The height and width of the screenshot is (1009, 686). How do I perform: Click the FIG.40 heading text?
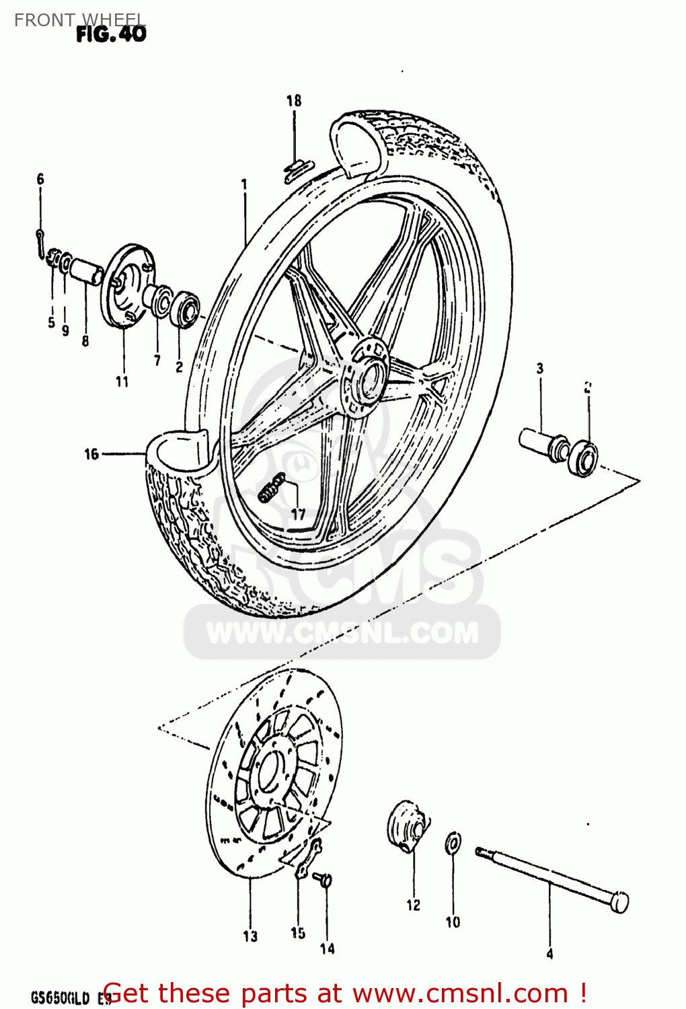[x=111, y=34]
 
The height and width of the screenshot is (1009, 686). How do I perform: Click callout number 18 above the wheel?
[x=294, y=101]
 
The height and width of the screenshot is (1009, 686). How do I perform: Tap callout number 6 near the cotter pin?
[x=40, y=179]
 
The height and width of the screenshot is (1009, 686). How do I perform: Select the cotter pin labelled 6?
[x=42, y=240]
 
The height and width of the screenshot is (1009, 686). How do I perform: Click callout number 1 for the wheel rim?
[x=244, y=184]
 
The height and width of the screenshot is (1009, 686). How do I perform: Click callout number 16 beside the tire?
[x=91, y=455]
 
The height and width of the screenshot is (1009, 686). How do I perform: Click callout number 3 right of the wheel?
[x=539, y=368]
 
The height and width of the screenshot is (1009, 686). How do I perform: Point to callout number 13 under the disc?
[x=250, y=936]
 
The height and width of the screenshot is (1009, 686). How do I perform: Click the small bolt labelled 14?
[x=326, y=879]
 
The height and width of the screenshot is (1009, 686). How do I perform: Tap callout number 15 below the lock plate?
[x=298, y=933]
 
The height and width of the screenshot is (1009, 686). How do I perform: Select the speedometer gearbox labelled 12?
[x=406, y=826]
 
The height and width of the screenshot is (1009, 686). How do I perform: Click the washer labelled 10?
[x=453, y=843]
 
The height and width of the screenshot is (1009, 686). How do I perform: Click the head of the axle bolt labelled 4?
[x=619, y=902]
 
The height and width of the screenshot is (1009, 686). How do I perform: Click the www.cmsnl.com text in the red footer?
[x=461, y=993]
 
